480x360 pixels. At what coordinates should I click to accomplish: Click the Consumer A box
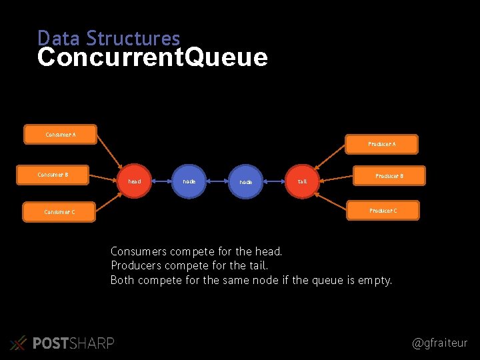click(x=60, y=134)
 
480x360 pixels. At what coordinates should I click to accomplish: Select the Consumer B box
click(x=53, y=175)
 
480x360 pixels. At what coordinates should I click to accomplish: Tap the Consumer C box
click(x=59, y=212)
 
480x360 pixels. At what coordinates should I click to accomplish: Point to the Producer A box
click(x=382, y=144)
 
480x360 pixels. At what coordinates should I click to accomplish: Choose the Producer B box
click(x=388, y=176)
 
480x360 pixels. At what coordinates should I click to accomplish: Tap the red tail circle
click(x=302, y=181)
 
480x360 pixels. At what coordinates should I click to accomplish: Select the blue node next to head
click(x=189, y=181)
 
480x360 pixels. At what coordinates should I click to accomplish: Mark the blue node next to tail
click(x=246, y=181)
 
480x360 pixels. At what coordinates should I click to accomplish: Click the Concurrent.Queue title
click(x=153, y=58)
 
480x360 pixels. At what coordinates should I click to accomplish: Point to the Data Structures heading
click(x=109, y=38)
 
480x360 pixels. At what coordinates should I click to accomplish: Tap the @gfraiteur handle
click(x=440, y=343)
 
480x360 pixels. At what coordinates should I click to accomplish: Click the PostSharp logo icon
click(x=19, y=343)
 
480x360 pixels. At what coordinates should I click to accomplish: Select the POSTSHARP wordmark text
click(x=73, y=343)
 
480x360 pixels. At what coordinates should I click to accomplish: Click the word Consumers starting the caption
click(x=139, y=252)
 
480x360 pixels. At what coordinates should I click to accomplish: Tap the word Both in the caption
click(x=123, y=280)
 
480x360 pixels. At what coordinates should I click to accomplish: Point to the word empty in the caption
click(x=374, y=281)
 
